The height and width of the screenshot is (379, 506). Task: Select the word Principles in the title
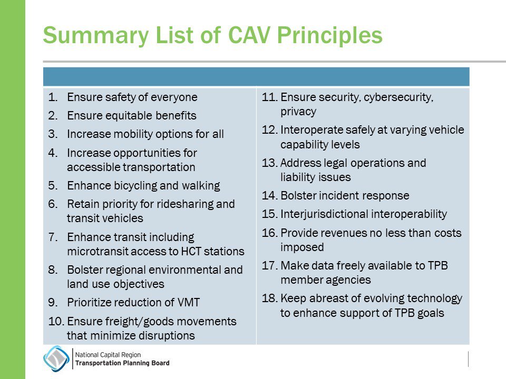pyautogui.click(x=337, y=35)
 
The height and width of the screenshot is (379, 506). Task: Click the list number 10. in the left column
pyautogui.click(x=55, y=321)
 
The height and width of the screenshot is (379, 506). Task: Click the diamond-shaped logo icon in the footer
pyautogui.click(x=55, y=359)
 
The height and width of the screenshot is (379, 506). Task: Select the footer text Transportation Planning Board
pyautogui.click(x=122, y=363)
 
